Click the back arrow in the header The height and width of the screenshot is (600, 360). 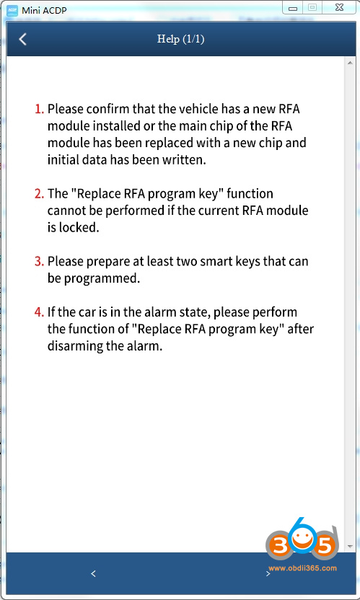(x=22, y=40)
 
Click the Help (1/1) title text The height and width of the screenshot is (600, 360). (x=180, y=39)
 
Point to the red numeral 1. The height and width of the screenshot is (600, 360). (x=39, y=109)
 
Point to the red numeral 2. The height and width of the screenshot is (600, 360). (x=39, y=194)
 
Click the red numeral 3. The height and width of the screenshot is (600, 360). (x=39, y=260)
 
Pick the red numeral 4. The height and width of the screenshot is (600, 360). (x=39, y=312)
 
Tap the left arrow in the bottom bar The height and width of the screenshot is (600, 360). (x=93, y=573)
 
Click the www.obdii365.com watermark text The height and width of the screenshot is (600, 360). (x=302, y=568)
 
